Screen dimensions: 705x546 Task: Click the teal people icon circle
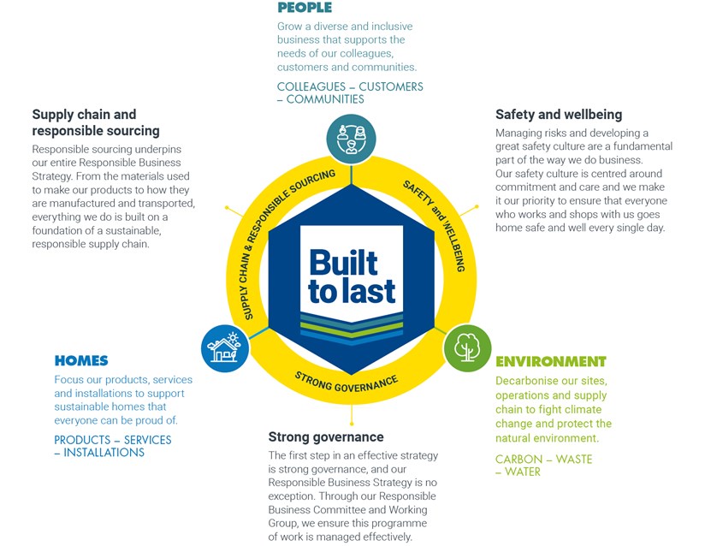(x=351, y=139)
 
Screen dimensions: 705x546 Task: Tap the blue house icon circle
(x=225, y=348)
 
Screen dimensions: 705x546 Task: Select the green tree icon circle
(x=467, y=348)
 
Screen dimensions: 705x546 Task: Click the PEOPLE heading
(x=305, y=8)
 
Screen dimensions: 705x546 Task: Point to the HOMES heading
(x=81, y=360)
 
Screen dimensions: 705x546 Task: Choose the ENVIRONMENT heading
(x=551, y=362)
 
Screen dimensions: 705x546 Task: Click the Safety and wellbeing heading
(x=559, y=115)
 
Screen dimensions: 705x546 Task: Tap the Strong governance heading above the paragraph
(x=326, y=437)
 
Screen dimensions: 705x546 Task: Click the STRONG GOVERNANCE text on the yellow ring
(x=347, y=383)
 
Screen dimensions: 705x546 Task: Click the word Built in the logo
(x=343, y=263)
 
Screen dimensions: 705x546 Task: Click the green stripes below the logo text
(x=352, y=328)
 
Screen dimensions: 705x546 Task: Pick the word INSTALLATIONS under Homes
(x=104, y=453)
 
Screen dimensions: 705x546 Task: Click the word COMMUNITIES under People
(x=325, y=99)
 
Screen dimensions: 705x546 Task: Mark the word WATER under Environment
(x=523, y=472)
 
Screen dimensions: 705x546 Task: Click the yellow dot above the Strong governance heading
(x=352, y=424)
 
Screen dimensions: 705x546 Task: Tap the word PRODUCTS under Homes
(x=82, y=440)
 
